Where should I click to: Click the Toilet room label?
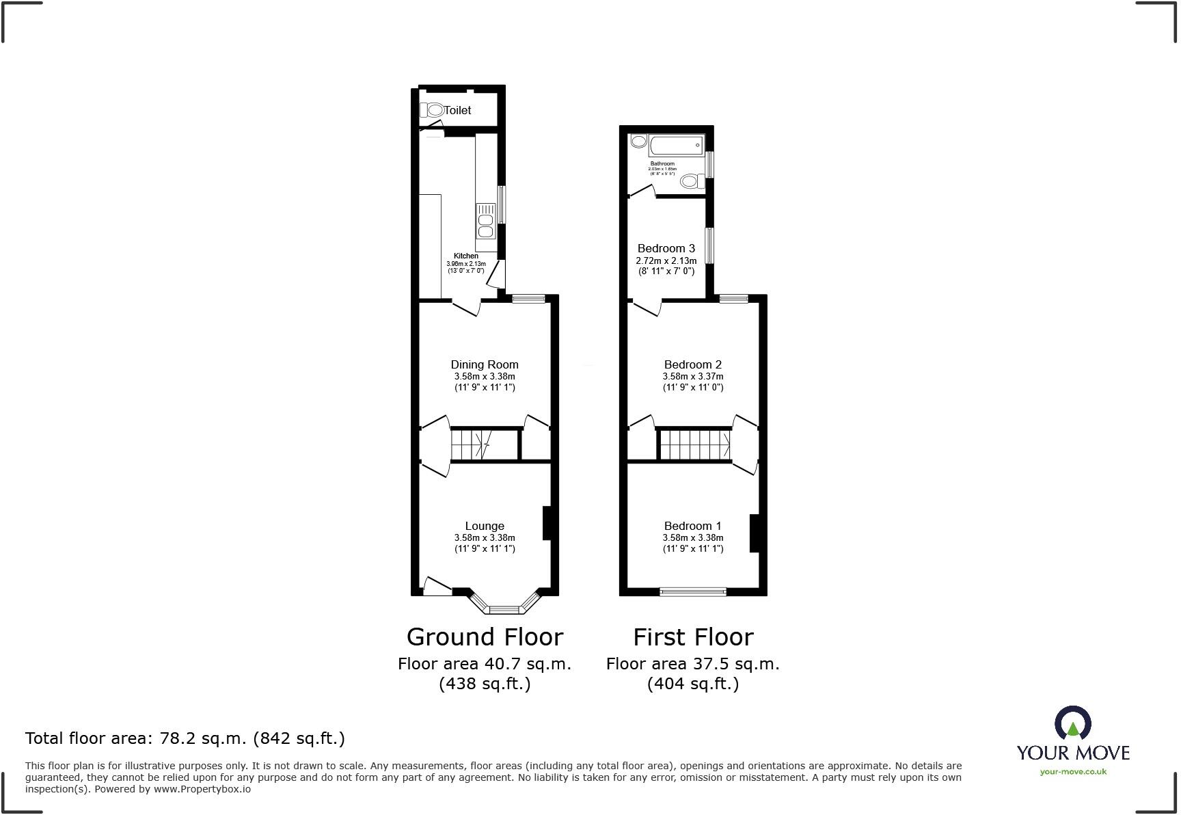[457, 110]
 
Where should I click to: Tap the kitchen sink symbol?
[486, 220]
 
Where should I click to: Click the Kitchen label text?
[466, 256]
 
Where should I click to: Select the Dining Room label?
[485, 364]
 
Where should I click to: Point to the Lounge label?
[485, 526]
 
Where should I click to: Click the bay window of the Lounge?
[505, 608]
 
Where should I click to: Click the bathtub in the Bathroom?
[675, 145]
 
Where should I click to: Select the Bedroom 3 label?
[666, 248]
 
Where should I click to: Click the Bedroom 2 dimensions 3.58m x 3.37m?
[693, 376]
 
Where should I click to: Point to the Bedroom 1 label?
[693, 526]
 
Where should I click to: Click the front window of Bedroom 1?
[693, 591]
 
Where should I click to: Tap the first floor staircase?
[694, 444]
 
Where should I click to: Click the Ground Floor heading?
[485, 637]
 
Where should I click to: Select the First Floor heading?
[693, 637]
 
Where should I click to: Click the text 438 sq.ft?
[485, 683]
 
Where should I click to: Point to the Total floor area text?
[185, 738]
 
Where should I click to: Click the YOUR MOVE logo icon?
[1073, 723]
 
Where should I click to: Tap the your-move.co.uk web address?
[1073, 772]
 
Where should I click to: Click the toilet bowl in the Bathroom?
[690, 181]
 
